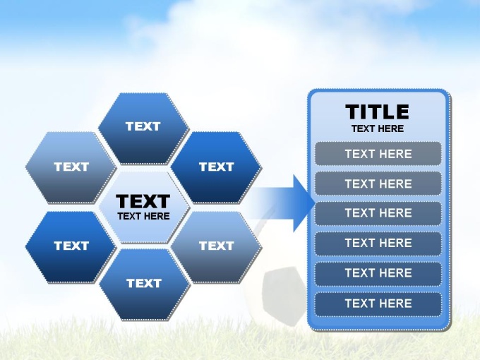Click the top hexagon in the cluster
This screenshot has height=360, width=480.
(144, 128)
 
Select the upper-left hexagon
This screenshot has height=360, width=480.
(71, 167)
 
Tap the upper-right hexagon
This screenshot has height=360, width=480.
(217, 167)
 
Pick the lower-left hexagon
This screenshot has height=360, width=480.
(71, 247)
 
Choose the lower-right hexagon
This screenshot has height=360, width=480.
(217, 247)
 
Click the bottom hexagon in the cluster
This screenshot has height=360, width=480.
(145, 284)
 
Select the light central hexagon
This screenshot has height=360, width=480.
(144, 208)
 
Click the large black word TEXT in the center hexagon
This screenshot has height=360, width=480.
(143, 201)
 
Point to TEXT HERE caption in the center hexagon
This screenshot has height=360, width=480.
(143, 216)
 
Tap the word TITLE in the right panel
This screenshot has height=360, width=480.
(377, 112)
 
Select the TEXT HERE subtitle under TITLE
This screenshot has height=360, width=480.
(378, 128)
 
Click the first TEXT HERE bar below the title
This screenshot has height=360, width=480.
(378, 154)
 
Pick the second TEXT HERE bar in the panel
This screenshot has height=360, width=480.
(378, 184)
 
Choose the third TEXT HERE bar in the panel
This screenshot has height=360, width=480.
(378, 213)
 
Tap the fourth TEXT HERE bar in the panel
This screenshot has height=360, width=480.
(378, 243)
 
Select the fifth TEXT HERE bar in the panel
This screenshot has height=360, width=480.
(378, 273)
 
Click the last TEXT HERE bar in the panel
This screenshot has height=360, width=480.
(378, 304)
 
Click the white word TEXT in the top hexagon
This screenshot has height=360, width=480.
(143, 126)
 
